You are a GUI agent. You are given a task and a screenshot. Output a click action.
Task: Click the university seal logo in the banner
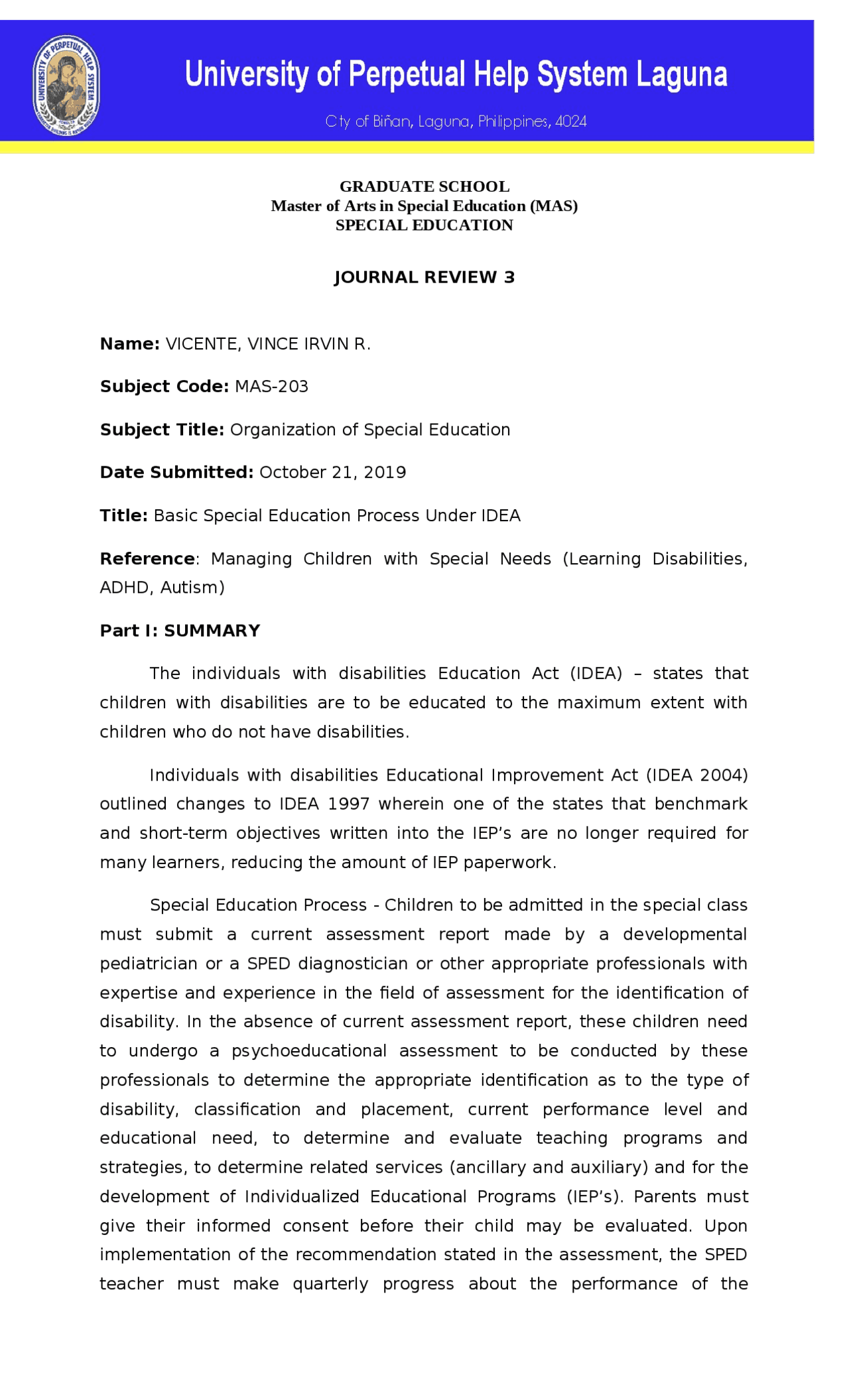coord(66,85)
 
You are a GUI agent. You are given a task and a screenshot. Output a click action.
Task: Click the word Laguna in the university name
coord(682,74)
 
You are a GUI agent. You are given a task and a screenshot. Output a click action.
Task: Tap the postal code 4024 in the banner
coord(571,121)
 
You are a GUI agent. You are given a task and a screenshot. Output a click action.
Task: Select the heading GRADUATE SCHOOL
coord(424,186)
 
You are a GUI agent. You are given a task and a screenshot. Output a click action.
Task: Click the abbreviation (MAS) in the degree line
coord(553,206)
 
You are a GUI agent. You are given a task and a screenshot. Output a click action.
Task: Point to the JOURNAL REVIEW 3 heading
coord(424,277)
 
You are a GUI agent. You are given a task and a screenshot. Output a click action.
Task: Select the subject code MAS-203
coord(271,387)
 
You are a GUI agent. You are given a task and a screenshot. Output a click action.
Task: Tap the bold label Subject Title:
coord(162,430)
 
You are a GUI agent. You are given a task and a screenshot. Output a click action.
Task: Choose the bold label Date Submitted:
coord(176,472)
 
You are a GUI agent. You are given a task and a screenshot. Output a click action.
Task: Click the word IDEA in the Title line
coord(501,515)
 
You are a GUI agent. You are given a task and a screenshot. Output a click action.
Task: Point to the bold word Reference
coord(147,558)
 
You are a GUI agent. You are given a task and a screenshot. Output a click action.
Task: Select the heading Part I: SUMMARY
coord(180,630)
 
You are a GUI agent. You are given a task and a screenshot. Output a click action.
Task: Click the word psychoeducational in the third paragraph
coord(309,1050)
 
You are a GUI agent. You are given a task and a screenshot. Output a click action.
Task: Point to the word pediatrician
coord(149,963)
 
